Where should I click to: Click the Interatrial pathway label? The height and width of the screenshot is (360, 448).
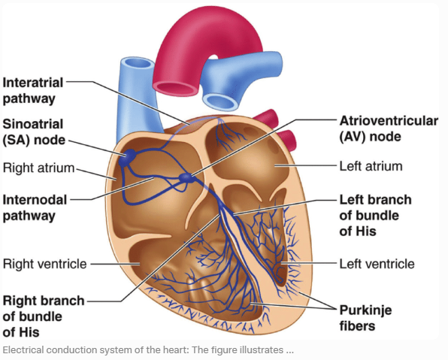[34, 89]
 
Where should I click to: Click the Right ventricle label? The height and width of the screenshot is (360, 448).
[45, 264]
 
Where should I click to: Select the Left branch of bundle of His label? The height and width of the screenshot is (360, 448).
[375, 216]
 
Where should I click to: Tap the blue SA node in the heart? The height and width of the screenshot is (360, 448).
[126, 155]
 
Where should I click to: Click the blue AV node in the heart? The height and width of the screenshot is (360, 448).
[185, 178]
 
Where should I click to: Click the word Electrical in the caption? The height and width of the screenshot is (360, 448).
[26, 350]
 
